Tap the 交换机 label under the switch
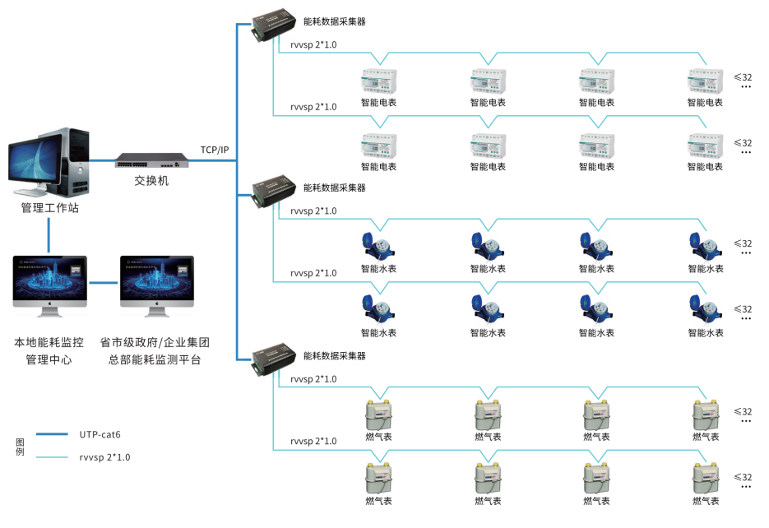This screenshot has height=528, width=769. (x=151, y=180)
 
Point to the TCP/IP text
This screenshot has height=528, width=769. (x=215, y=150)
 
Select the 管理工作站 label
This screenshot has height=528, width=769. (x=50, y=208)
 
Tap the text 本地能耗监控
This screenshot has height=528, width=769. (x=50, y=342)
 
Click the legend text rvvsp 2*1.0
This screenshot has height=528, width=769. (x=104, y=456)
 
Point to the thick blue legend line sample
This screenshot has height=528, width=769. (x=52, y=433)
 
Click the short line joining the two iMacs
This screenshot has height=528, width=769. (x=103, y=283)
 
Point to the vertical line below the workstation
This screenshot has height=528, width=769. (x=49, y=235)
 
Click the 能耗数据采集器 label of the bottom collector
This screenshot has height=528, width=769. (x=334, y=356)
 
